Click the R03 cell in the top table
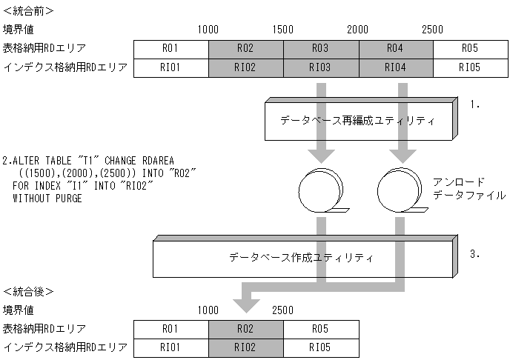pos(320,50)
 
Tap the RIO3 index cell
pos(320,68)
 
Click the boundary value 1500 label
pos(283,30)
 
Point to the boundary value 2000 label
pos(358,30)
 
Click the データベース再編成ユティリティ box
pos(357,120)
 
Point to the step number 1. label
pos(475,105)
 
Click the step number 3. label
pos(475,254)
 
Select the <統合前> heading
pos(28,11)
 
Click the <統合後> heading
pos(28,290)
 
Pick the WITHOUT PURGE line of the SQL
pos(47,199)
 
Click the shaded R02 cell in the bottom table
pos(246,328)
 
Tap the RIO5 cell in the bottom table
pos(321,346)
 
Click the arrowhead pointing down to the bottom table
pos(246,305)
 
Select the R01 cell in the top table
pos(171,50)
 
